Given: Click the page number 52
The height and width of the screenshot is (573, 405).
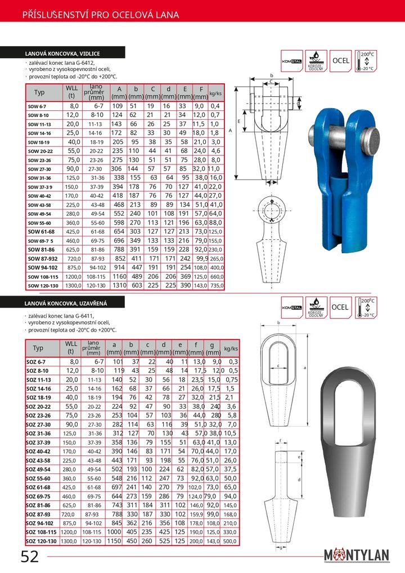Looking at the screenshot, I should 30,557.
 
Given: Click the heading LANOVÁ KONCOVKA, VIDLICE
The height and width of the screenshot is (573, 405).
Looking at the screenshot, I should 62,53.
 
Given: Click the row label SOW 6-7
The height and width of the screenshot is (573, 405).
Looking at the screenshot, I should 38,106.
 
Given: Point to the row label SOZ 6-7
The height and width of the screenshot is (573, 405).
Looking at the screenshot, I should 37,361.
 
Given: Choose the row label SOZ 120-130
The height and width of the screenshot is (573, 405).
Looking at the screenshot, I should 42,541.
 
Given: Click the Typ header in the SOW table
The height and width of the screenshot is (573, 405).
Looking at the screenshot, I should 39,92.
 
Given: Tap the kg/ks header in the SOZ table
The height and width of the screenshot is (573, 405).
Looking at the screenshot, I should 231,348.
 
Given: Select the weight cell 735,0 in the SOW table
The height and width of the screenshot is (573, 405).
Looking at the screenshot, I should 215,285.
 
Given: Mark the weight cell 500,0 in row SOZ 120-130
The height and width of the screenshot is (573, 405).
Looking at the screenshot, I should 231,541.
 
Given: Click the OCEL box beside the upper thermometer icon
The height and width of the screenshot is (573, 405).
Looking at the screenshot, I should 341,60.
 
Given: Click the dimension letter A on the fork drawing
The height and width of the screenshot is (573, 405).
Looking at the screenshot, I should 230,130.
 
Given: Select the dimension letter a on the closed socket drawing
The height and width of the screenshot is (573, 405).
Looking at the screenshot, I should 304,367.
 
